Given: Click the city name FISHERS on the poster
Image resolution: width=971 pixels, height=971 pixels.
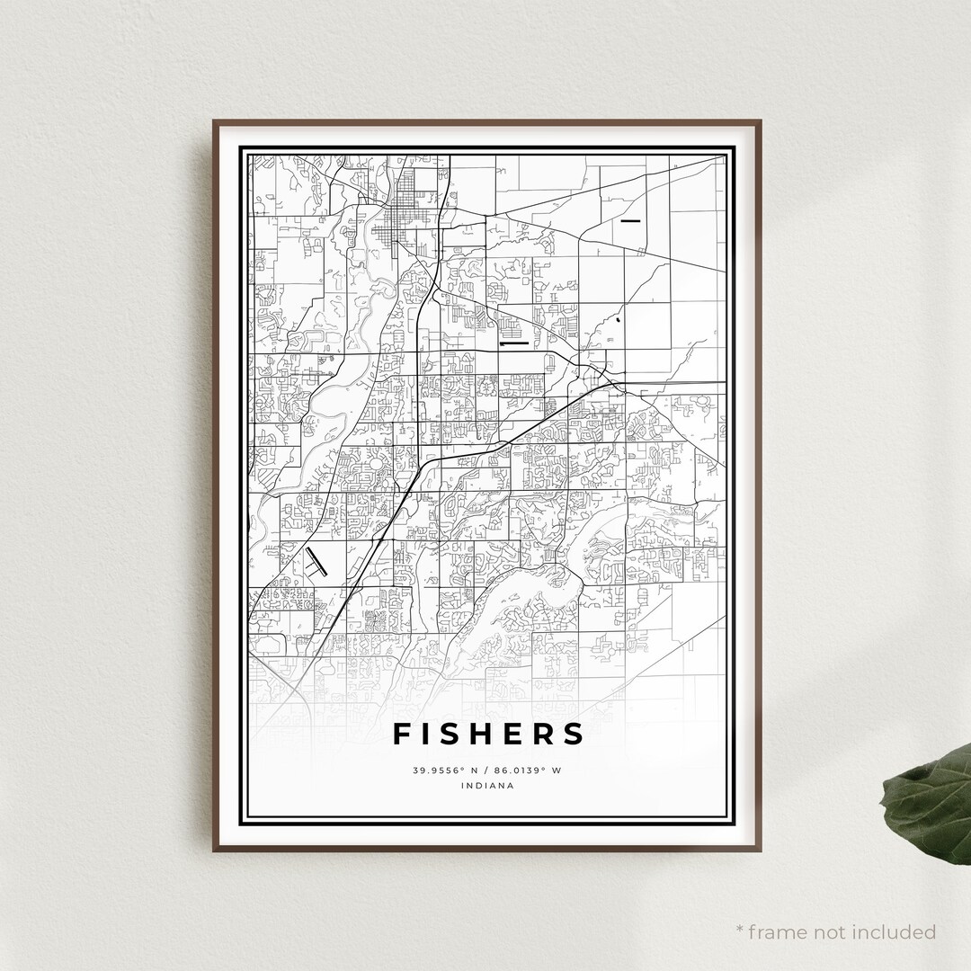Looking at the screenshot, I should point(488,734).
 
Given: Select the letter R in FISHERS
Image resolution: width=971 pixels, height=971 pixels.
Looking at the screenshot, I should point(544,734).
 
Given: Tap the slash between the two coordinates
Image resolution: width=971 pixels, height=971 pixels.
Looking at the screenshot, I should point(486,771).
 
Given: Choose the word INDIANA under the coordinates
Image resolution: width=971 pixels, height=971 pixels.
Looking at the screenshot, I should point(486,786).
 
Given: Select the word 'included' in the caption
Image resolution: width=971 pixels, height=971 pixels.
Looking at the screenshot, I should point(895,931).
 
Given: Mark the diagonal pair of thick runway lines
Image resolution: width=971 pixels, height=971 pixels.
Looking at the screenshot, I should point(314,560).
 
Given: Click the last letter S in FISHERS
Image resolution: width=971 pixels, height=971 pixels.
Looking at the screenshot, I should point(574,734).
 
